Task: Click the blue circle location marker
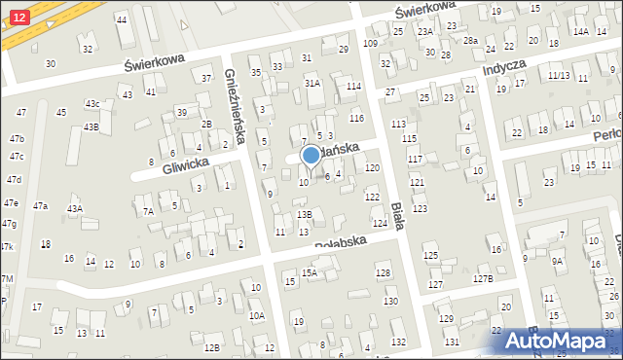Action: [x=311, y=156]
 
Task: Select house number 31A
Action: [x=312, y=85]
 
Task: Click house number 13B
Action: [x=305, y=214]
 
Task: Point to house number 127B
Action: [x=484, y=279]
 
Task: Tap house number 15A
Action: [x=310, y=273]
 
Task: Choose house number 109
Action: [x=370, y=44]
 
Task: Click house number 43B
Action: [x=91, y=126]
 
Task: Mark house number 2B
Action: [x=206, y=124]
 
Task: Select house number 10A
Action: [x=257, y=315]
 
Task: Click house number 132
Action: [x=398, y=342]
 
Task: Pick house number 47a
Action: [x=40, y=205]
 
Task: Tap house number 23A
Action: [x=425, y=32]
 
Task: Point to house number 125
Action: [x=430, y=256]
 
